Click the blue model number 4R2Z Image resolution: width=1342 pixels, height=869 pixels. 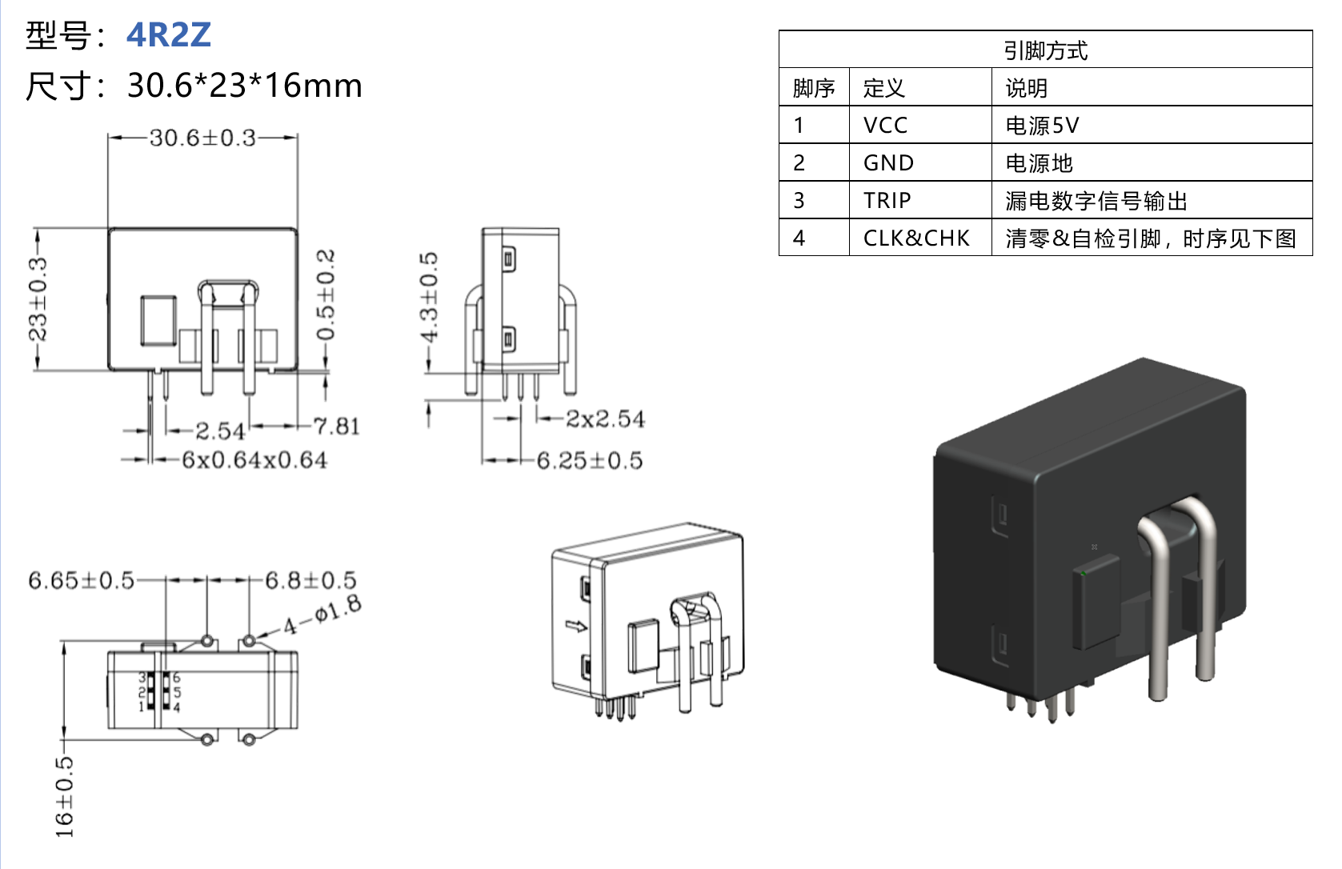pos(169,35)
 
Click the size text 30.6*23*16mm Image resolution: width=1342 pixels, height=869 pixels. pos(244,86)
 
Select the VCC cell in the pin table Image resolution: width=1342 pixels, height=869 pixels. pos(885,126)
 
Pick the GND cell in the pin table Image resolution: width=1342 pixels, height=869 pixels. pos(888,163)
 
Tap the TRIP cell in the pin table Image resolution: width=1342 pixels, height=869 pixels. pos(887,201)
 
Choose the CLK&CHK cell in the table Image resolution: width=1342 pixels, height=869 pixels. pos(916,238)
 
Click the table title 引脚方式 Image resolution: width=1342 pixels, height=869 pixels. pos(1045,50)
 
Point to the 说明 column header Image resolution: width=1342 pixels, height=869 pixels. pos(1026,88)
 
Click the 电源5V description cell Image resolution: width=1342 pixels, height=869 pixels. pos(1042,126)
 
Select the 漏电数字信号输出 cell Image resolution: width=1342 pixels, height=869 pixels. pos(1096,201)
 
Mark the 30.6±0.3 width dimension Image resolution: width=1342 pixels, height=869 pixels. pos(202,138)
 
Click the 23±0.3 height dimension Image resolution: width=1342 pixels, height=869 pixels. pos(38,298)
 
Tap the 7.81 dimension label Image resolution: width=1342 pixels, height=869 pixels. pos(336,426)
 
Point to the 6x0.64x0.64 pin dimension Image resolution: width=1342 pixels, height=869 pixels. pos(254,460)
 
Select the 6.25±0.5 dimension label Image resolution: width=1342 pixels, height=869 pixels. pos(590,461)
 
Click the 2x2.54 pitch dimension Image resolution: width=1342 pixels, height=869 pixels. pos(605,418)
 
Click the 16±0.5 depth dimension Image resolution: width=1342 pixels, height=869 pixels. pos(64,797)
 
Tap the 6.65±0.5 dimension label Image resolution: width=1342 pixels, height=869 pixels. pos(81,580)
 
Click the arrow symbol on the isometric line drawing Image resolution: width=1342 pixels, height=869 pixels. pos(575,626)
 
